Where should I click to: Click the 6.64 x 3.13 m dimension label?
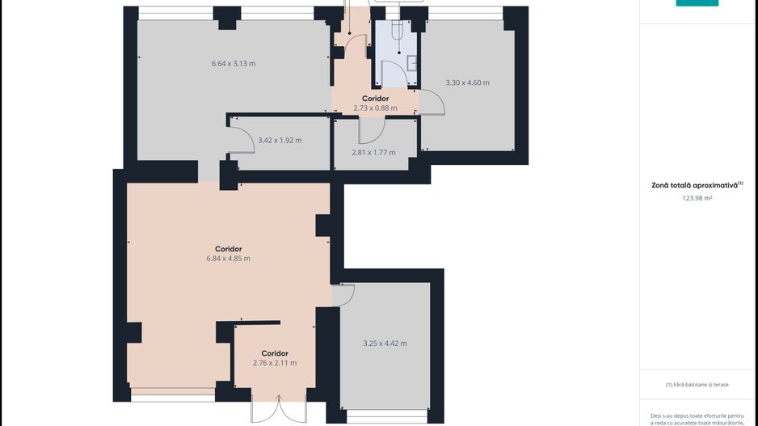(234, 63)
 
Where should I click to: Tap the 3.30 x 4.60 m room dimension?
(467, 82)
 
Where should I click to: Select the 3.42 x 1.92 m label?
(280, 140)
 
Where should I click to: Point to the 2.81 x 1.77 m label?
(373, 152)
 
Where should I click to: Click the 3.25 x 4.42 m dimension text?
(385, 344)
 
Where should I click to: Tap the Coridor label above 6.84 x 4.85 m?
(228, 249)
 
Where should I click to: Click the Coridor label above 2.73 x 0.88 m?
(375, 99)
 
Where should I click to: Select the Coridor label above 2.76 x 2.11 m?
(275, 353)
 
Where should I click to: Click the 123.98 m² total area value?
(697, 198)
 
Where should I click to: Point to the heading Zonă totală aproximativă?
(695, 185)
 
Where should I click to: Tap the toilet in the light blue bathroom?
(397, 29)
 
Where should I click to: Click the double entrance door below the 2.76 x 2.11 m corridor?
(279, 408)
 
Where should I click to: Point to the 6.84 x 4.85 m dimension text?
(228, 259)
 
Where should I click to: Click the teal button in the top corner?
(697, 3)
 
